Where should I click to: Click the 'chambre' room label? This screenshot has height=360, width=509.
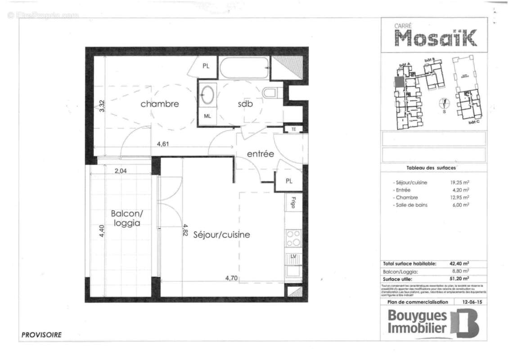click(x=159, y=104)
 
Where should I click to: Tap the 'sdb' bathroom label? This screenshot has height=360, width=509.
click(x=245, y=104)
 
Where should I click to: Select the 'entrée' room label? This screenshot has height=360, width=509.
click(x=260, y=154)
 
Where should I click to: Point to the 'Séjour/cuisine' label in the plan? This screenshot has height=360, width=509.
click(x=221, y=235)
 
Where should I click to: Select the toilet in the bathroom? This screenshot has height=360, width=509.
click(x=270, y=93)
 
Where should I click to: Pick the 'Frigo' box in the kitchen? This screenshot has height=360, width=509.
click(x=293, y=202)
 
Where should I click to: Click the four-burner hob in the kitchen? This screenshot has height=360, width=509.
click(x=293, y=238)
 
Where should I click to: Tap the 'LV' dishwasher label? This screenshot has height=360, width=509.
click(x=293, y=257)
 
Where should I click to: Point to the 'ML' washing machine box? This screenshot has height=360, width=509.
click(x=207, y=116)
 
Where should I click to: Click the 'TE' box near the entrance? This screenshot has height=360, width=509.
click(x=293, y=129)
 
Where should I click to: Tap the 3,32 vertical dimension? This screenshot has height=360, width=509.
click(x=102, y=106)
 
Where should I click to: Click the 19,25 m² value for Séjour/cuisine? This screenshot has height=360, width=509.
click(x=459, y=183)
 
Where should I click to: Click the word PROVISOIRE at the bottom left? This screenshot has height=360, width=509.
click(x=41, y=335)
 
